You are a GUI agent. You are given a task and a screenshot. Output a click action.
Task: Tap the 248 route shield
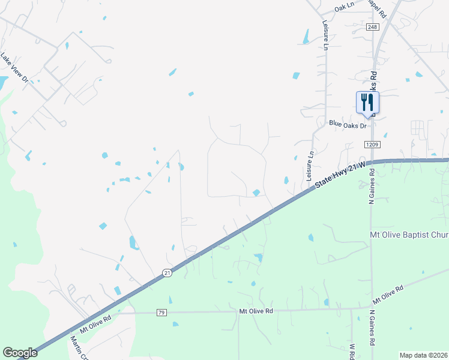pyautogui.click(x=373, y=28)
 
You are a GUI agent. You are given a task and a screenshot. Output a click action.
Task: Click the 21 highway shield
pyautogui.click(x=166, y=273)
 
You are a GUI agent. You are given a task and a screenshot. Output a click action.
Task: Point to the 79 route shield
pyautogui.click(x=161, y=313)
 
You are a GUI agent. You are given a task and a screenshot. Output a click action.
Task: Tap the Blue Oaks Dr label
pyautogui.click(x=348, y=125)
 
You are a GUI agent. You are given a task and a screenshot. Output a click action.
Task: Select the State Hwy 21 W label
pyautogui.click(x=339, y=175)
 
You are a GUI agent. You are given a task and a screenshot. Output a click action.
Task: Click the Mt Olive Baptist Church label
pyautogui.click(x=408, y=234)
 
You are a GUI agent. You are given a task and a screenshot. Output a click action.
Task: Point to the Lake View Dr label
pyautogui.click(x=14, y=67)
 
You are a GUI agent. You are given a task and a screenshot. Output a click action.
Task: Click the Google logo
pyautogui.click(x=20, y=353)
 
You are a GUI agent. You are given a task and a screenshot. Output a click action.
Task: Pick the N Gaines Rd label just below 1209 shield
pyautogui.click(x=372, y=186)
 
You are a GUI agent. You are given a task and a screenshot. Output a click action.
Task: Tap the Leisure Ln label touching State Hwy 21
pyautogui.click(x=310, y=166)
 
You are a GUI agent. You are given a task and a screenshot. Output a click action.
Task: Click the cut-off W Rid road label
pyautogui.click(x=353, y=352)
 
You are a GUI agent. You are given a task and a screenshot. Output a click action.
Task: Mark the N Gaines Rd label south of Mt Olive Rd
pyautogui.click(x=372, y=328)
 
